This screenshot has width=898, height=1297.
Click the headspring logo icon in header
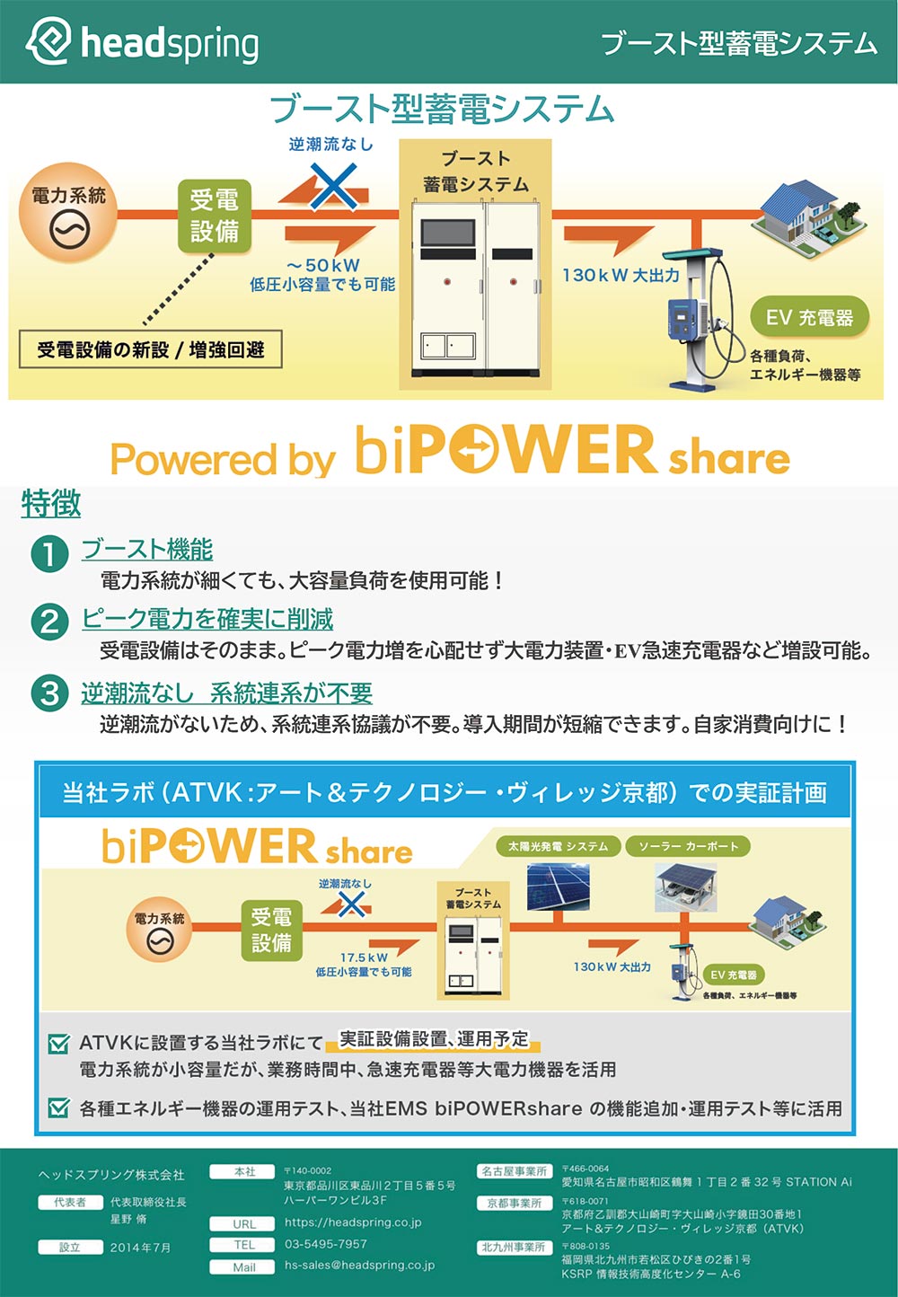tap(48, 41)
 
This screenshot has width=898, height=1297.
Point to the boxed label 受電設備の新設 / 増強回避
tap(150, 349)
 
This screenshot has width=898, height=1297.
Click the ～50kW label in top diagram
tap(323, 265)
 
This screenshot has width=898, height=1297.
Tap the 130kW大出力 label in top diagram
tap(621, 275)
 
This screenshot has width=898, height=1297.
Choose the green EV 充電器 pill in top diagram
tap(809, 318)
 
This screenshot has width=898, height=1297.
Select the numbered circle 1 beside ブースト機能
tap(49, 553)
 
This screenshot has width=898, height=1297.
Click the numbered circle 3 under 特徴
tap(49, 693)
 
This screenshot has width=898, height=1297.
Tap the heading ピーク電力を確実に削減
tap(207, 619)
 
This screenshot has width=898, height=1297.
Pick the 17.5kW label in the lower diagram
tap(364, 957)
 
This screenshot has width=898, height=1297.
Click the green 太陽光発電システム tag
tap(558, 846)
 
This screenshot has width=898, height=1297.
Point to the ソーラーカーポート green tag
tap(688, 846)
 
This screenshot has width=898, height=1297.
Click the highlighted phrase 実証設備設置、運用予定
tap(434, 1039)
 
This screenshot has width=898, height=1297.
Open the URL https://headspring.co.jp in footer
tap(353, 1222)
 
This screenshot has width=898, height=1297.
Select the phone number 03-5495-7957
tap(326, 1244)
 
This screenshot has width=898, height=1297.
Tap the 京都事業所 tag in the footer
tap(514, 1203)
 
